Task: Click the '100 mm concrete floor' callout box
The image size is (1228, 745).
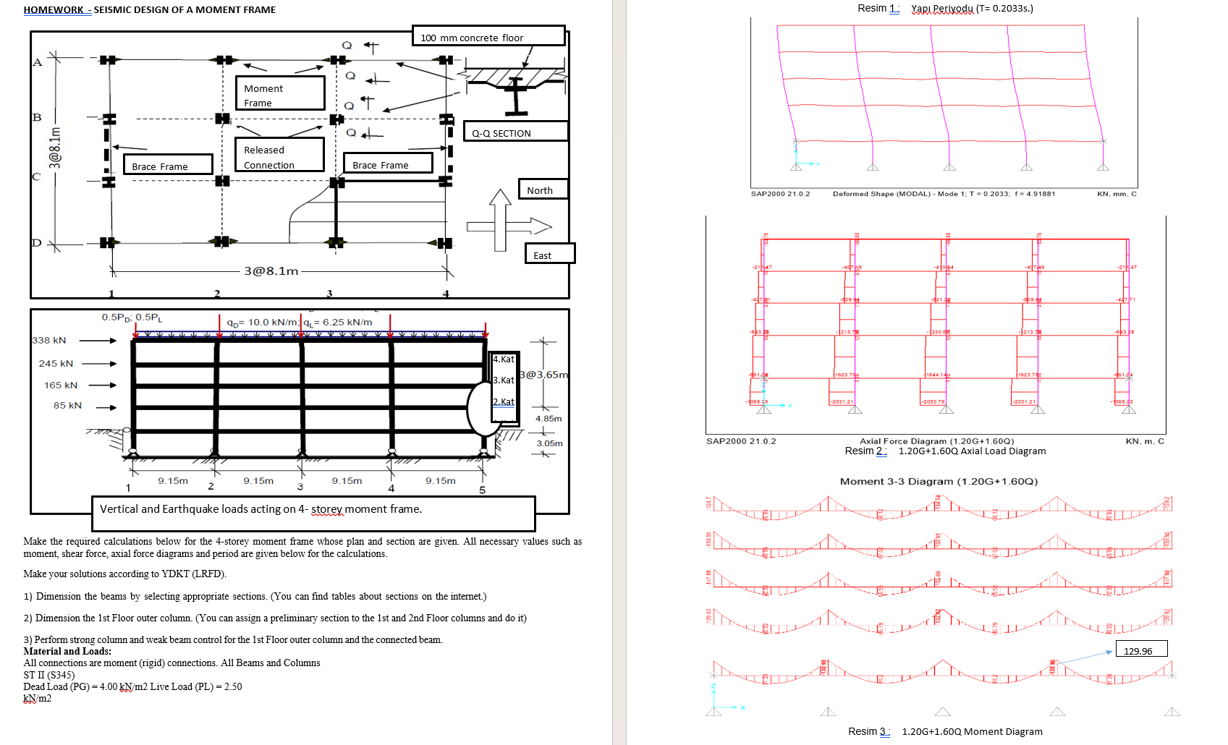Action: point(488,36)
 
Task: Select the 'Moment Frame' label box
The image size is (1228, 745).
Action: point(279,94)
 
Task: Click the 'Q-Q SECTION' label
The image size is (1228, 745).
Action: point(515,132)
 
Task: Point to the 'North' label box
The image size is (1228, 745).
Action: point(542,190)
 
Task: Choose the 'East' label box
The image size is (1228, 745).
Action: point(549,255)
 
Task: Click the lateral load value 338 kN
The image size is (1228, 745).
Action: point(49,340)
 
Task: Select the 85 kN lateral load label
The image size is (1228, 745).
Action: point(67,405)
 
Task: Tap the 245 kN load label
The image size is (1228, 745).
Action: point(56,363)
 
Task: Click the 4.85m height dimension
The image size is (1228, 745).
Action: point(549,418)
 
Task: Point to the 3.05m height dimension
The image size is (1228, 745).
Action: point(549,443)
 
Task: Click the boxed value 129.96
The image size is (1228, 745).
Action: point(1140,650)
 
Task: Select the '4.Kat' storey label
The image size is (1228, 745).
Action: point(504,359)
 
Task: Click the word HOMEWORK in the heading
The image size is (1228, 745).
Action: point(53,9)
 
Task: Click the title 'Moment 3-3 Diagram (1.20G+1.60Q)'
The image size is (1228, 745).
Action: point(939,481)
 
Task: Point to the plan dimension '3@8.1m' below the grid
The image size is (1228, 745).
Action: point(271,271)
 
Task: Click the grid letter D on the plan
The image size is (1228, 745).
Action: point(36,243)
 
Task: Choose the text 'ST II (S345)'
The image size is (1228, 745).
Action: point(48,675)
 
